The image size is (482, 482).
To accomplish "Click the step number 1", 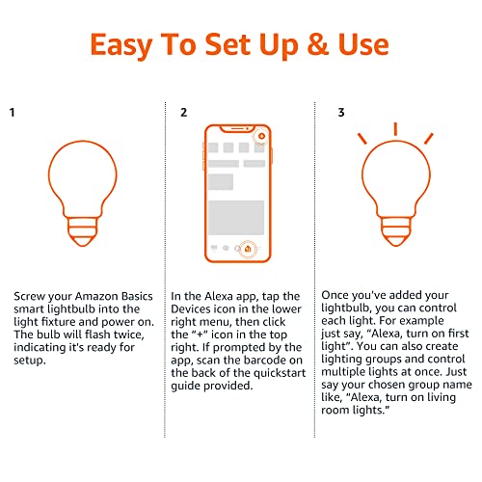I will tap(13, 113).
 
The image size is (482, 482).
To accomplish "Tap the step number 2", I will tap(183, 113).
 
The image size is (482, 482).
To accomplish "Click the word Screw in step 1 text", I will tap(33, 297).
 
